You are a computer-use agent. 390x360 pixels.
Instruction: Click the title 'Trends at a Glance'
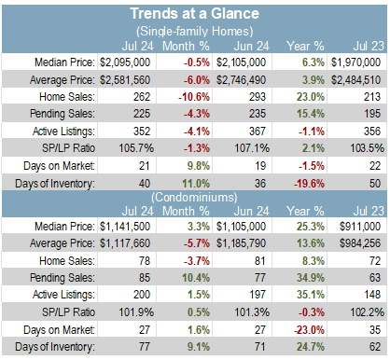[x=194, y=14]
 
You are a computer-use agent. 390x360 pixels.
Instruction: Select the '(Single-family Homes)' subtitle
[x=194, y=31]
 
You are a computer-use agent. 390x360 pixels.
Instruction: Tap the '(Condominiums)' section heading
[x=194, y=198]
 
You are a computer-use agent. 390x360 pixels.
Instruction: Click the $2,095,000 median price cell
[x=125, y=62]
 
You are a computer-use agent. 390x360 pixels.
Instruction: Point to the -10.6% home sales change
[x=194, y=97]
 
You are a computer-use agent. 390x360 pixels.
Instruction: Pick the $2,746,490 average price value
[x=241, y=80]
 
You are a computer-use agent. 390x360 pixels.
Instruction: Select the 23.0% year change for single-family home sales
[x=310, y=97]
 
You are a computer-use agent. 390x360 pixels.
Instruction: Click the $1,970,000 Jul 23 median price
[x=355, y=62]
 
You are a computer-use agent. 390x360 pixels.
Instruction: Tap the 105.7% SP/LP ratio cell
[x=136, y=148]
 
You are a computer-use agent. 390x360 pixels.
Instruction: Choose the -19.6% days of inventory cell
[x=309, y=184]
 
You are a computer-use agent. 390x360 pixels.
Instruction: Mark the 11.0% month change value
[x=196, y=184]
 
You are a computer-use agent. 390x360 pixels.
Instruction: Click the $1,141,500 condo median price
[x=125, y=227]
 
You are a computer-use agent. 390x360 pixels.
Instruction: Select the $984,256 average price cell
[x=360, y=243]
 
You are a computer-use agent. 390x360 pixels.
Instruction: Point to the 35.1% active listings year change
[x=310, y=295]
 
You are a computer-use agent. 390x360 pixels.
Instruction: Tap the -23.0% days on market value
[x=309, y=329]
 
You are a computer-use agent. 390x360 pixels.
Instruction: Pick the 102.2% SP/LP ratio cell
[x=368, y=312]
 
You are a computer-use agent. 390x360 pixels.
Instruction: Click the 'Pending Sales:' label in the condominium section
[x=63, y=278]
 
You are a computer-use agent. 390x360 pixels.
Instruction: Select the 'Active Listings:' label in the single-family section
[x=63, y=132]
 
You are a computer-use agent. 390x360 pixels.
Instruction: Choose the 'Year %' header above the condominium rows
[x=305, y=211]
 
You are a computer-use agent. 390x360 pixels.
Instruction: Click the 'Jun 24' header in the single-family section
[x=251, y=47]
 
